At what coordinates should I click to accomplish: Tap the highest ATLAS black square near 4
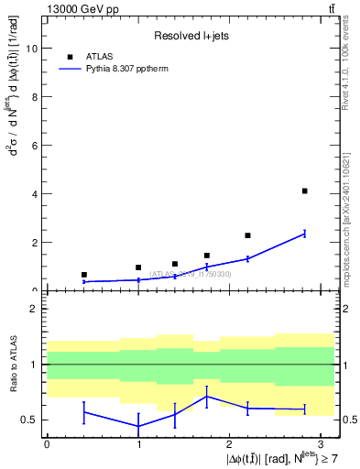pos(304,191)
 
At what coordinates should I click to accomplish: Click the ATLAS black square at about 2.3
pos(247,235)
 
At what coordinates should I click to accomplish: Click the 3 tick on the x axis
pos(320,443)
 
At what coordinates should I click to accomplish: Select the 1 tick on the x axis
pos(137,443)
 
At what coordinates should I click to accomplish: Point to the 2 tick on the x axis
pos(228,443)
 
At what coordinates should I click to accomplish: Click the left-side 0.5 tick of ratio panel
pos(33,420)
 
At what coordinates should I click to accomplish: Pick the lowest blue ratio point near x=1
pos(138,426)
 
